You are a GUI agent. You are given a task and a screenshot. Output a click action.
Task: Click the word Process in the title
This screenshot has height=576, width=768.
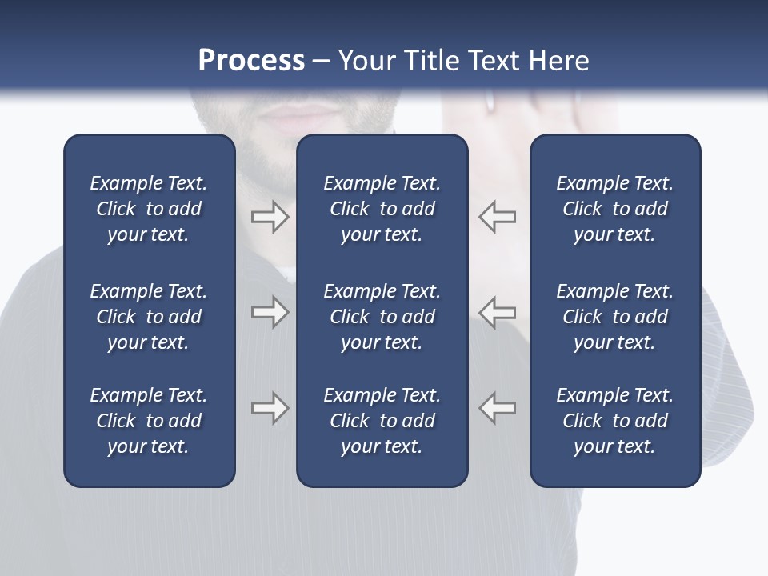pyautogui.click(x=251, y=61)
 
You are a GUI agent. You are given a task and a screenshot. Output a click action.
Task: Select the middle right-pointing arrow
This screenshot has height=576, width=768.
pyautogui.click(x=270, y=312)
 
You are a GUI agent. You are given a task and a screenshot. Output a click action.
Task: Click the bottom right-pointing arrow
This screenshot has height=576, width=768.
pyautogui.click(x=270, y=407)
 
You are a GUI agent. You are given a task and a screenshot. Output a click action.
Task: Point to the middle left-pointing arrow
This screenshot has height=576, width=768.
pyautogui.click(x=498, y=312)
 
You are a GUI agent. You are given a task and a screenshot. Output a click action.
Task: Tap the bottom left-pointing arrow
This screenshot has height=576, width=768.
pyautogui.click(x=498, y=407)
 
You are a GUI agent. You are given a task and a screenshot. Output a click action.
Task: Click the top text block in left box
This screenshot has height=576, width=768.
pyautogui.click(x=149, y=209)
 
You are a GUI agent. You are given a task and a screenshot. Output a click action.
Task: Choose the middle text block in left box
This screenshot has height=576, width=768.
pyautogui.click(x=149, y=317)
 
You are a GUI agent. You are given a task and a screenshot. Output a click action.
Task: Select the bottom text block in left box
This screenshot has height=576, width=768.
pyautogui.click(x=149, y=421)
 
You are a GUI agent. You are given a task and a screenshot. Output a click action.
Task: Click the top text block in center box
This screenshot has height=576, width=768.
pyautogui.click(x=382, y=209)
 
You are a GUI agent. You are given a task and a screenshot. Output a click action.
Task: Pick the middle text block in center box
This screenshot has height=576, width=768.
pyautogui.click(x=382, y=317)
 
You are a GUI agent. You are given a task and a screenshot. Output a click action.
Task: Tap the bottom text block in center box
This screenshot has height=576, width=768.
pyautogui.click(x=382, y=421)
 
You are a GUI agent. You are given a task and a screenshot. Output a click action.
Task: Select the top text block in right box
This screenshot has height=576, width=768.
pyautogui.click(x=615, y=209)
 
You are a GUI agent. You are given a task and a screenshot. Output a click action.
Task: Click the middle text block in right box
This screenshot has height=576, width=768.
pyautogui.click(x=615, y=317)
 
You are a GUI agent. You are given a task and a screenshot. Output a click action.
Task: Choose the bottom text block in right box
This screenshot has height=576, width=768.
pyautogui.click(x=615, y=421)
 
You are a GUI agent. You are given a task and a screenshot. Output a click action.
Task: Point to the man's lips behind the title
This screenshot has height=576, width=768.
pyautogui.click(x=297, y=117)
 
